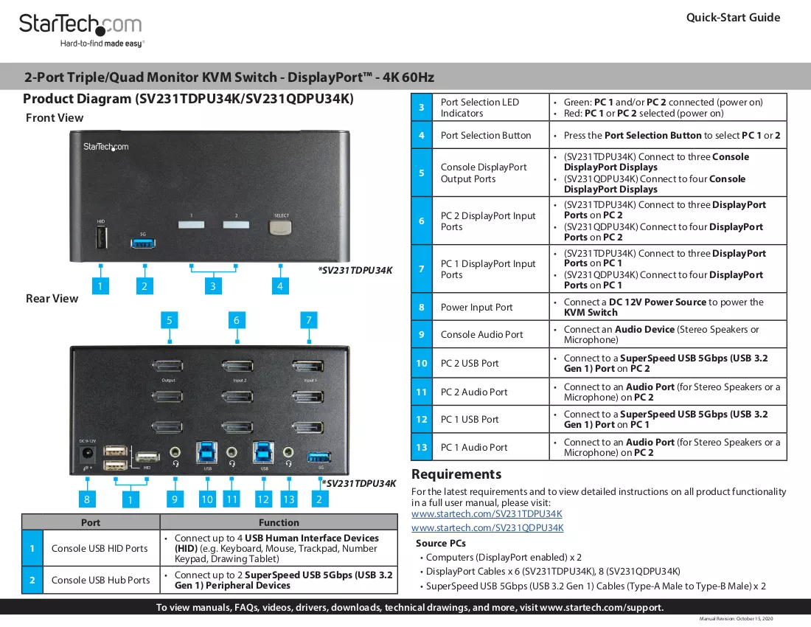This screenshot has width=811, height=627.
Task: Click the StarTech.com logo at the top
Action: coord(80,30)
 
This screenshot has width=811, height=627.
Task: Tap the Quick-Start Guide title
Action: coord(733,18)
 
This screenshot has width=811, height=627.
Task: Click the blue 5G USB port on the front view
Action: coord(143,242)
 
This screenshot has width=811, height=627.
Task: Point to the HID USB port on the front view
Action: coord(101,238)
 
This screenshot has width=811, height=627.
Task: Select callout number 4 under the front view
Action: coord(280,286)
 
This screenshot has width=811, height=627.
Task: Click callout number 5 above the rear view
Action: coord(169,320)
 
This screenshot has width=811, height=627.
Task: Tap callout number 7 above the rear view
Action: coord(309,320)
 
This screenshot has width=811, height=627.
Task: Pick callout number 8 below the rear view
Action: coord(87,499)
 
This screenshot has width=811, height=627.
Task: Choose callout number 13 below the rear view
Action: coord(288,499)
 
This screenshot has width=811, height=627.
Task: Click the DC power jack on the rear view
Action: coord(88,454)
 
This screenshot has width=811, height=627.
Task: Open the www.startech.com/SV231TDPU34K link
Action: coord(487,513)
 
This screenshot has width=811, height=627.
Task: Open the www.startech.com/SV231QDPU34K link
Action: coord(487,527)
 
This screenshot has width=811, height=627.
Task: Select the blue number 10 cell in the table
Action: coord(422,363)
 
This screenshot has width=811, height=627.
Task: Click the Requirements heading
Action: coord(456,474)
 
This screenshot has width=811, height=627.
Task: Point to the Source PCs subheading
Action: coord(441,543)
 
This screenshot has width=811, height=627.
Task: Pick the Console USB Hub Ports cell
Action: coord(100,581)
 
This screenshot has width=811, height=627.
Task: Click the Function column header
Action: coord(279,522)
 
